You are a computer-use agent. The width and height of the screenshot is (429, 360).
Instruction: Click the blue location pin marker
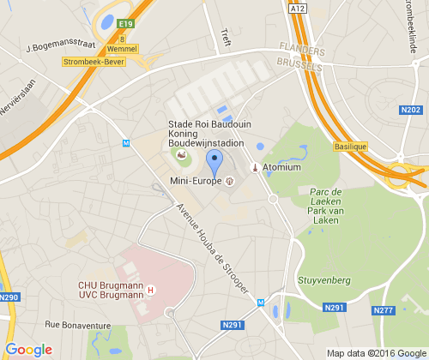(215, 160)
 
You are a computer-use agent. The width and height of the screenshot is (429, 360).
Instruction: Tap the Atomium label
(281, 167)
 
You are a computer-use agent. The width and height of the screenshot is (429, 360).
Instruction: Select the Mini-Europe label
(196, 181)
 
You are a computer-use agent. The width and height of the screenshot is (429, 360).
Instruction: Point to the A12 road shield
(297, 8)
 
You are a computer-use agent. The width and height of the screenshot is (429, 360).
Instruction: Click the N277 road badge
(383, 309)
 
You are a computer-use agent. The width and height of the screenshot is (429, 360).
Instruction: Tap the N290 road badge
(9, 297)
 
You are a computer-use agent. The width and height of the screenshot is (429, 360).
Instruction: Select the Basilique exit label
(349, 147)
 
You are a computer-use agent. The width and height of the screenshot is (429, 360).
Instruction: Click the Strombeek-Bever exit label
(94, 62)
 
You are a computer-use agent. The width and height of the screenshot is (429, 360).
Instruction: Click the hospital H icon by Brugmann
(151, 289)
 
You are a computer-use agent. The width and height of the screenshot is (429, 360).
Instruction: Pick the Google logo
(28, 350)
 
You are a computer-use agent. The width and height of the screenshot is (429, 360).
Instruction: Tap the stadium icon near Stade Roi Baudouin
(180, 154)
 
